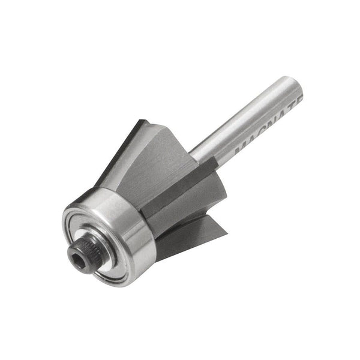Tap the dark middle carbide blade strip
click(180, 186)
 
